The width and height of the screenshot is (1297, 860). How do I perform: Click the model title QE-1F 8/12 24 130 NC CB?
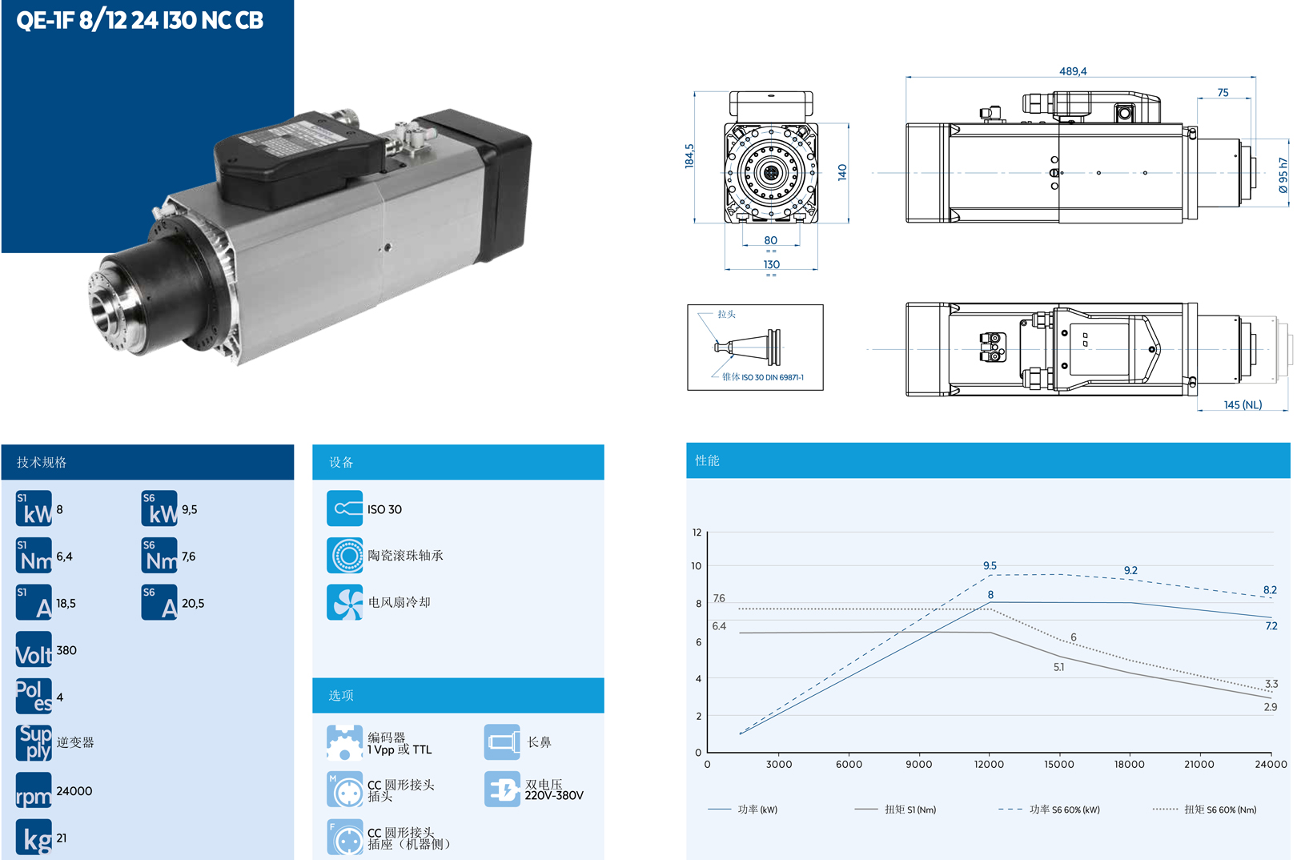pyautogui.click(x=139, y=20)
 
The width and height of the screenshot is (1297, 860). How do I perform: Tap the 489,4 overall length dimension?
pyautogui.click(x=1073, y=71)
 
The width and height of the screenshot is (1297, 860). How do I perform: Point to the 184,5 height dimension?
pyautogui.click(x=689, y=155)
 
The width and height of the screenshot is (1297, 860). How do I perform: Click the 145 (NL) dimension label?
pyautogui.click(x=1243, y=405)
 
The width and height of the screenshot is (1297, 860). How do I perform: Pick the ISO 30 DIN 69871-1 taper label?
pyautogui.click(x=772, y=377)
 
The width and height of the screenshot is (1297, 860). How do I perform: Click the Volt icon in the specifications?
pyautogui.click(x=34, y=650)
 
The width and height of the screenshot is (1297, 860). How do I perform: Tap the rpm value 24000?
pyautogui.click(x=74, y=791)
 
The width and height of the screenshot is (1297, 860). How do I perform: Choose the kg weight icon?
pyautogui.click(x=34, y=838)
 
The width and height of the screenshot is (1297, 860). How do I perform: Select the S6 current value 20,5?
pyautogui.click(x=193, y=604)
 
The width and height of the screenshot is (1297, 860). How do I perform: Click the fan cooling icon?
pyautogui.click(x=345, y=603)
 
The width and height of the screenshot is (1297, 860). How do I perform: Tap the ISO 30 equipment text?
pyautogui.click(x=384, y=510)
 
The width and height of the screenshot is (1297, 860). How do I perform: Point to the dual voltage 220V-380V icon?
pyautogui.click(x=503, y=790)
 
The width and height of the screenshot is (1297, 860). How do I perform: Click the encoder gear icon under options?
pyautogui.click(x=345, y=743)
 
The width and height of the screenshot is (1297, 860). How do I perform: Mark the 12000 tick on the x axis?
pyautogui.click(x=989, y=765)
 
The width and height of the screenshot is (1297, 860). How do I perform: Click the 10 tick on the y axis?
pyautogui.click(x=697, y=566)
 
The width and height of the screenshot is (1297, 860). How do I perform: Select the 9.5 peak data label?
pyautogui.click(x=990, y=566)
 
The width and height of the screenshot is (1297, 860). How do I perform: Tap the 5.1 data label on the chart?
pyautogui.click(x=1058, y=667)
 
